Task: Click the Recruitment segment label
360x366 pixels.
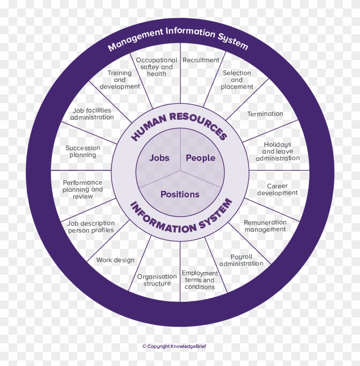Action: pyautogui.click(x=201, y=60)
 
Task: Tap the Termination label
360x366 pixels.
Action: pyautogui.click(x=265, y=114)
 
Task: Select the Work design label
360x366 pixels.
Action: pyautogui.click(x=115, y=260)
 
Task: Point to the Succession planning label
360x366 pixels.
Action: pyautogui.click(x=83, y=151)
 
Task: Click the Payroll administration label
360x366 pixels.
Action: pyautogui.click(x=241, y=260)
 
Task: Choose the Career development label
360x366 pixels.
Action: pyautogui.click(x=277, y=189)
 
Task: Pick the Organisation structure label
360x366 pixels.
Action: pyautogui.click(x=157, y=280)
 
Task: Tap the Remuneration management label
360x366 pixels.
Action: pyautogui.click(x=265, y=226)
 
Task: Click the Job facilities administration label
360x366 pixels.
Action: pyautogui.click(x=92, y=114)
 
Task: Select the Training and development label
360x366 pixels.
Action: pyautogui.click(x=120, y=80)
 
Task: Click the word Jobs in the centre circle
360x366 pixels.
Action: pyautogui.click(x=159, y=158)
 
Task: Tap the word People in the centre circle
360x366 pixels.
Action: pyautogui.click(x=201, y=158)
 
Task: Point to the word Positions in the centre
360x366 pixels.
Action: pyautogui.click(x=180, y=194)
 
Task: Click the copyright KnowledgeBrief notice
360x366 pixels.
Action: pyautogui.click(x=174, y=346)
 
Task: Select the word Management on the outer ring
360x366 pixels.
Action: pyautogui.click(x=135, y=39)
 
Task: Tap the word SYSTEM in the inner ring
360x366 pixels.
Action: pyautogui.click(x=216, y=214)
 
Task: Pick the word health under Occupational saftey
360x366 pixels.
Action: pyautogui.click(x=156, y=74)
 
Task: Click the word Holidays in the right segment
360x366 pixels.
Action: pyautogui.click(x=277, y=145)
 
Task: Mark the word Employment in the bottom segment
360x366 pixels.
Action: pyautogui.click(x=200, y=273)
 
